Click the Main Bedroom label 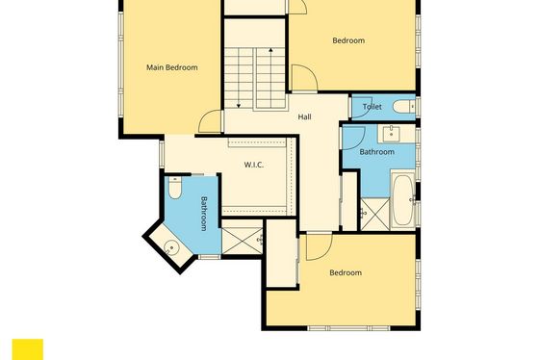172,67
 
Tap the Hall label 304,116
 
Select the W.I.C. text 254,165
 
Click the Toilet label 372,107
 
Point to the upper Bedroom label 348,40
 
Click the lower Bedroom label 346,272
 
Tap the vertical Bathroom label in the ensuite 204,214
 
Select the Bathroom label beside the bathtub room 376,152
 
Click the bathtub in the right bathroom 403,200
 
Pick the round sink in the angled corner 171,247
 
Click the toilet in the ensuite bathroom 175,188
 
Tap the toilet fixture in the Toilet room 404,107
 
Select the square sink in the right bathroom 391,134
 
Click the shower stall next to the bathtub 374,215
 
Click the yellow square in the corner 28,349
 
